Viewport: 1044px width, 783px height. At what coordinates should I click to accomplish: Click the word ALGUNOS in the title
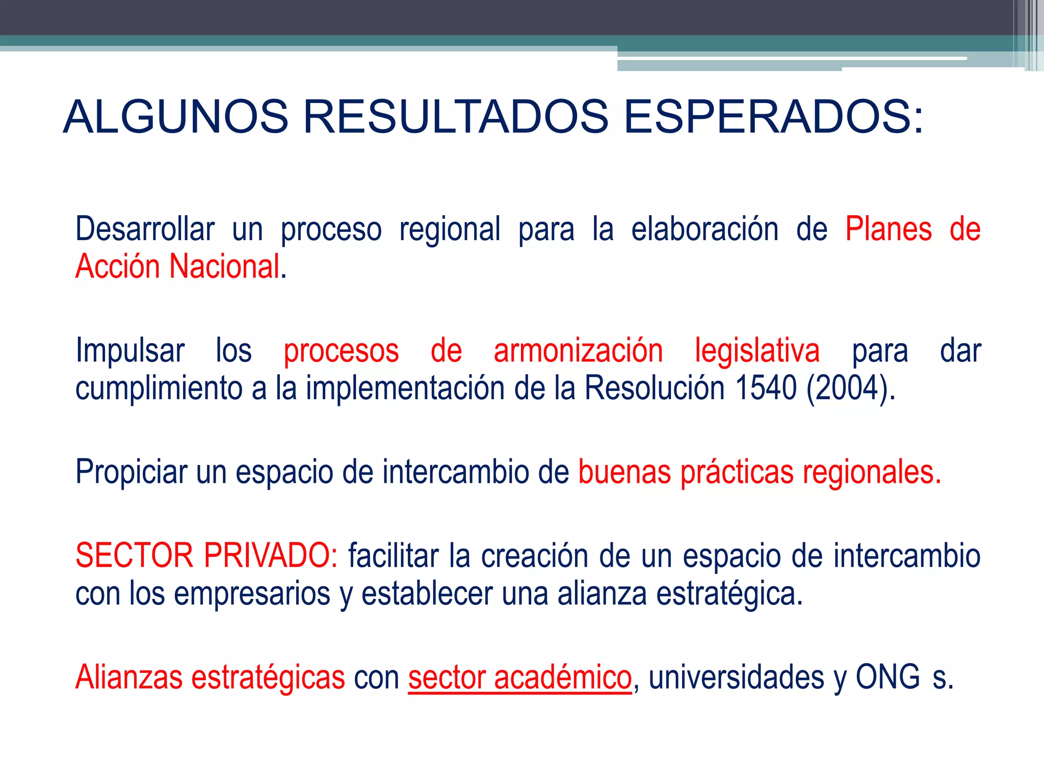tap(176, 117)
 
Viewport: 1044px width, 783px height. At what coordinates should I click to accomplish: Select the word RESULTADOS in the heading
tap(456, 117)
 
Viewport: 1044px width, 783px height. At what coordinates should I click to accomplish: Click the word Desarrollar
tap(145, 229)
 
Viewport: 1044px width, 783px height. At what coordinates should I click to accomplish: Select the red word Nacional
tap(224, 267)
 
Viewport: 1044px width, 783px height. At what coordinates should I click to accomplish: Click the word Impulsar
tap(130, 351)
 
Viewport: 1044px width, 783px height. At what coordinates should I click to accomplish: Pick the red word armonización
tap(578, 351)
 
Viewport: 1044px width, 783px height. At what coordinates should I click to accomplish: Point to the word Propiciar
tap(131, 472)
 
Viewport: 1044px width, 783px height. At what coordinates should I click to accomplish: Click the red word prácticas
tap(737, 472)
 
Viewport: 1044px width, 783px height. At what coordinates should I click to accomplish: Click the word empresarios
tap(252, 593)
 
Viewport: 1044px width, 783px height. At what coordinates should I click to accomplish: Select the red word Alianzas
tap(128, 677)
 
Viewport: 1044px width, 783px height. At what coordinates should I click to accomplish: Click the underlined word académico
tap(563, 677)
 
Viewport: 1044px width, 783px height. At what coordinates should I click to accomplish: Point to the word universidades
tap(737, 677)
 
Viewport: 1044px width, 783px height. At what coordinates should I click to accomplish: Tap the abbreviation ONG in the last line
tap(888, 677)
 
